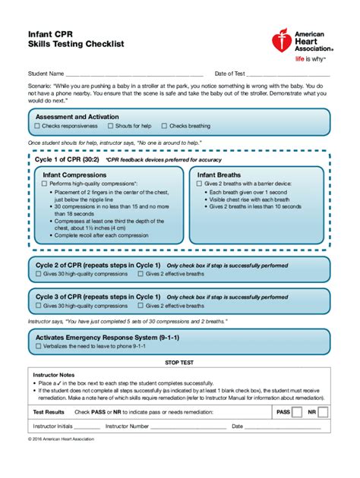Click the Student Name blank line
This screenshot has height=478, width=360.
coord(134,76)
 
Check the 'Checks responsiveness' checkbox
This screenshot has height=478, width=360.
coord(38,126)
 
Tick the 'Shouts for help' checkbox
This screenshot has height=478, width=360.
coord(110,126)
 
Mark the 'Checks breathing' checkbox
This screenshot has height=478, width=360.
coord(164,126)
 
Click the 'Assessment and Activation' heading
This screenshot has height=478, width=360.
coord(77,117)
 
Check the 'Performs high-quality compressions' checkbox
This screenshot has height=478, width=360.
coord(46,184)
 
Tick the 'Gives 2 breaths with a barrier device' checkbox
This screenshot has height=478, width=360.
coord(201,184)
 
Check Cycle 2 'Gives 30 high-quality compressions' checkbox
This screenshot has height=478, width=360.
coord(38,274)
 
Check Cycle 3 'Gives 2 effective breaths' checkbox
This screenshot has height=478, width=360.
coord(141,306)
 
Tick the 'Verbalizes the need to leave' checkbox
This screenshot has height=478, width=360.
coord(38,344)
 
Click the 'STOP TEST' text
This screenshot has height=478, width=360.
coord(179,363)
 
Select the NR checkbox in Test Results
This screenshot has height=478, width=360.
coord(323,412)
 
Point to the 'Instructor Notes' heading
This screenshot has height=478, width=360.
coord(54,375)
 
